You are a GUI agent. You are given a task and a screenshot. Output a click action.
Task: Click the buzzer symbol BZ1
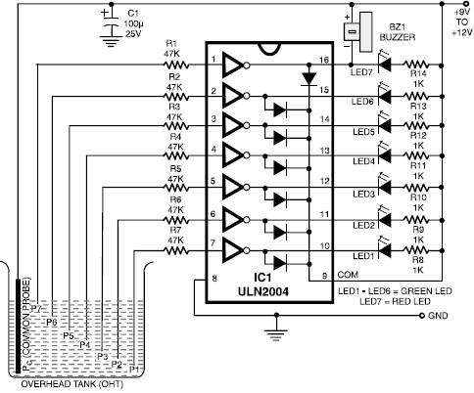pos(358,31)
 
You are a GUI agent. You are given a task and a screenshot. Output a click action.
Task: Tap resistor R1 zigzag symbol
pos(176,65)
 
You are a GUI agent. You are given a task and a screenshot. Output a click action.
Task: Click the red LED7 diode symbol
pos(385,64)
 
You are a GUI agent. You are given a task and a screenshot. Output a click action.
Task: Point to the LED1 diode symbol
pos(385,249)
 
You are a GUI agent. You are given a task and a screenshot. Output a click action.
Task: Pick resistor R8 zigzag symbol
pos(415,250)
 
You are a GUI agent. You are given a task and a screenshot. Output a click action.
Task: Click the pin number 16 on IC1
pos(324,60)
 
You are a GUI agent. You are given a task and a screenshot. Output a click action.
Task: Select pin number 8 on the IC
pos(214,279)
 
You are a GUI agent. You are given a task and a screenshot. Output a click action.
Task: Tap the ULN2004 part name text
pos(263,291)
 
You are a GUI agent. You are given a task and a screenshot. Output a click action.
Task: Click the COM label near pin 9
pos(348,275)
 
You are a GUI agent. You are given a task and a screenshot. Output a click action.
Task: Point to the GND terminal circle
pos(422,316)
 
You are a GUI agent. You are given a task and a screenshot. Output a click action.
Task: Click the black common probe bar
pos(19,326)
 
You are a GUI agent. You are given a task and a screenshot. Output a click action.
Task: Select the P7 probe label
pos(36,309)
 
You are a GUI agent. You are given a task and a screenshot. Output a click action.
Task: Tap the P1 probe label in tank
pos(134,370)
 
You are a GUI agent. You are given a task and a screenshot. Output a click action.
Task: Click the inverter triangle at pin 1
pos(233,65)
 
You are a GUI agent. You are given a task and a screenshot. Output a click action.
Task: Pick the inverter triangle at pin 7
pos(233,250)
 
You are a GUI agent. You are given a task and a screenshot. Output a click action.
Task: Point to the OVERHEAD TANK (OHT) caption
pos(72,384)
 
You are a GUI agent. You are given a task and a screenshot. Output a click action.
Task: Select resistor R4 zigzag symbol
pos(176,156)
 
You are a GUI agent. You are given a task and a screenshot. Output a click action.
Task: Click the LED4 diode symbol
pos(385,154)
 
